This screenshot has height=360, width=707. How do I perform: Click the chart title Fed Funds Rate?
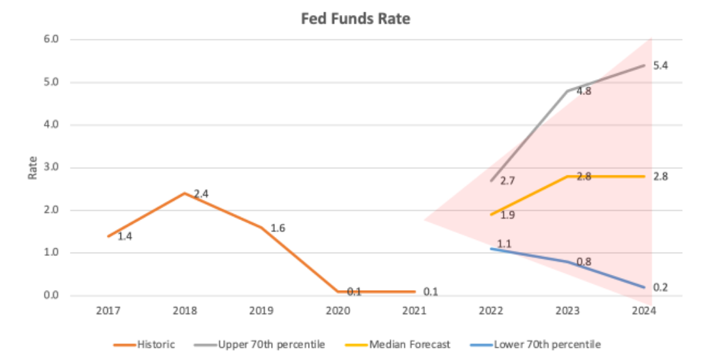(x=355, y=19)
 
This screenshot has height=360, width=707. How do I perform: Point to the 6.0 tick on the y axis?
(x=52, y=39)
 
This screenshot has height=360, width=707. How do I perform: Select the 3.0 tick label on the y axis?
(x=52, y=168)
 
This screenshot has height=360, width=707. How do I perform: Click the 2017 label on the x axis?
(x=108, y=311)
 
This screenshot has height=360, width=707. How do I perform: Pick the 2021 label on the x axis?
(x=414, y=311)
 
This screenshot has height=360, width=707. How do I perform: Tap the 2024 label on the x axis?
(x=644, y=311)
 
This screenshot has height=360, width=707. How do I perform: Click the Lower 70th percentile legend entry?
(x=538, y=344)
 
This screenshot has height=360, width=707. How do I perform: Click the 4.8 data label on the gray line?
(x=584, y=92)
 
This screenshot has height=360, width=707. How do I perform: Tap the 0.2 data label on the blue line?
(x=661, y=287)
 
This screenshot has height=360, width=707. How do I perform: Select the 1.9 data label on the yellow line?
(x=507, y=215)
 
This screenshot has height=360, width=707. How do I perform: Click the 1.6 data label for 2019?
(x=278, y=228)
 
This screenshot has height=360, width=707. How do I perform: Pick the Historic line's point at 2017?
(x=108, y=236)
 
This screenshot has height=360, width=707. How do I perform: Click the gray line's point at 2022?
(x=490, y=181)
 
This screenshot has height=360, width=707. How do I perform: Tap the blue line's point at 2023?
(x=567, y=262)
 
